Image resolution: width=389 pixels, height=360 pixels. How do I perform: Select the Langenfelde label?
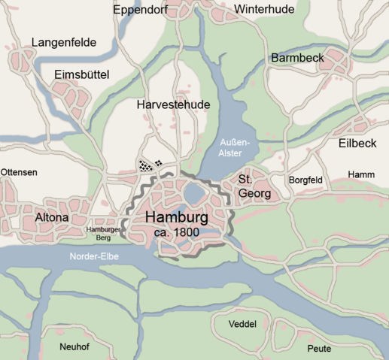(64, 43)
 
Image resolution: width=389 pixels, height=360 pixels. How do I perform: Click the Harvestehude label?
(173, 105)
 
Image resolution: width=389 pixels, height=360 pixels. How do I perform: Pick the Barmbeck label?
(299, 58)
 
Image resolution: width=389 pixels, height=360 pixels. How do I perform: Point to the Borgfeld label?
(307, 180)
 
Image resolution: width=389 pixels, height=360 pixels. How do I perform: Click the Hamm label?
(361, 174)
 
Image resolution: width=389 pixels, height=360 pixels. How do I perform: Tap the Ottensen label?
(19, 172)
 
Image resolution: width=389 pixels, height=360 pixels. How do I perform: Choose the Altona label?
(52, 218)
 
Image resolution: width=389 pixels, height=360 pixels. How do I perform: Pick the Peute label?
(319, 349)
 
